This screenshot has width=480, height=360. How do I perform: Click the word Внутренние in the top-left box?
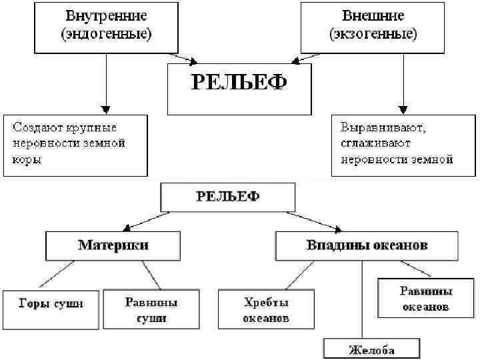click(x=106, y=15)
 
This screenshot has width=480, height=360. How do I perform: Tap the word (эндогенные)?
click(x=106, y=34)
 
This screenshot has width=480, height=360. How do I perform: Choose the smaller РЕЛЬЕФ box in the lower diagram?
click(x=228, y=197)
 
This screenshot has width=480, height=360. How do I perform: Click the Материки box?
click(x=114, y=245)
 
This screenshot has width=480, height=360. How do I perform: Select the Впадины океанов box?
click(x=367, y=245)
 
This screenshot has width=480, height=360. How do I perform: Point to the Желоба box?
click(x=371, y=349)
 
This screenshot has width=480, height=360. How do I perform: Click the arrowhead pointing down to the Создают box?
click(x=105, y=108)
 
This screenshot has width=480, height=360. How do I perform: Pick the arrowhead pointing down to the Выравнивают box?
click(x=402, y=108)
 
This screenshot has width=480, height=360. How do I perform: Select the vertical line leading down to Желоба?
click(x=361, y=300)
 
